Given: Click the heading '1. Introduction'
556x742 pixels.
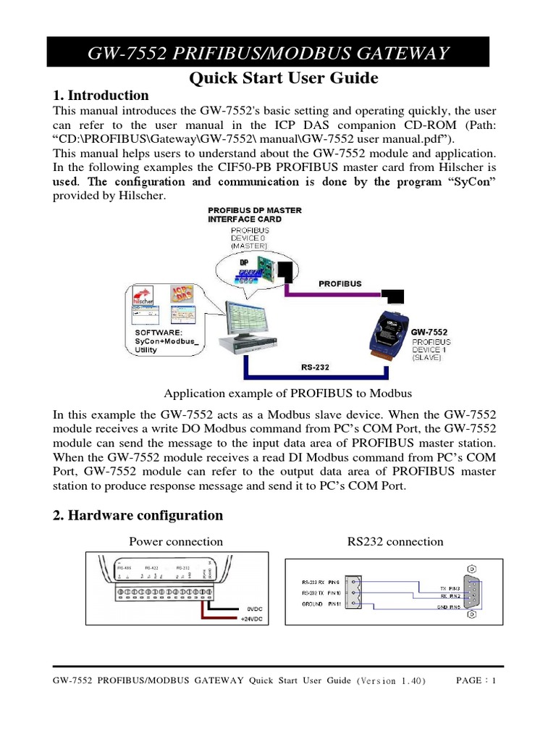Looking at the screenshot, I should tap(101, 96).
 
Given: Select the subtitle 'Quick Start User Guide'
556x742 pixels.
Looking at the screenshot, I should tap(283, 78).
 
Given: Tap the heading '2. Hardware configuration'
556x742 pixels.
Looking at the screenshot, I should tap(138, 515).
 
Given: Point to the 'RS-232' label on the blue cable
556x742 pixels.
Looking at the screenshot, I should tap(315, 367).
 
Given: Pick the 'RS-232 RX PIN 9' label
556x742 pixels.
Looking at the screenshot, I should tap(320, 581).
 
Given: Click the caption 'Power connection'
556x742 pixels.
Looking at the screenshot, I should tap(176, 541).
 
